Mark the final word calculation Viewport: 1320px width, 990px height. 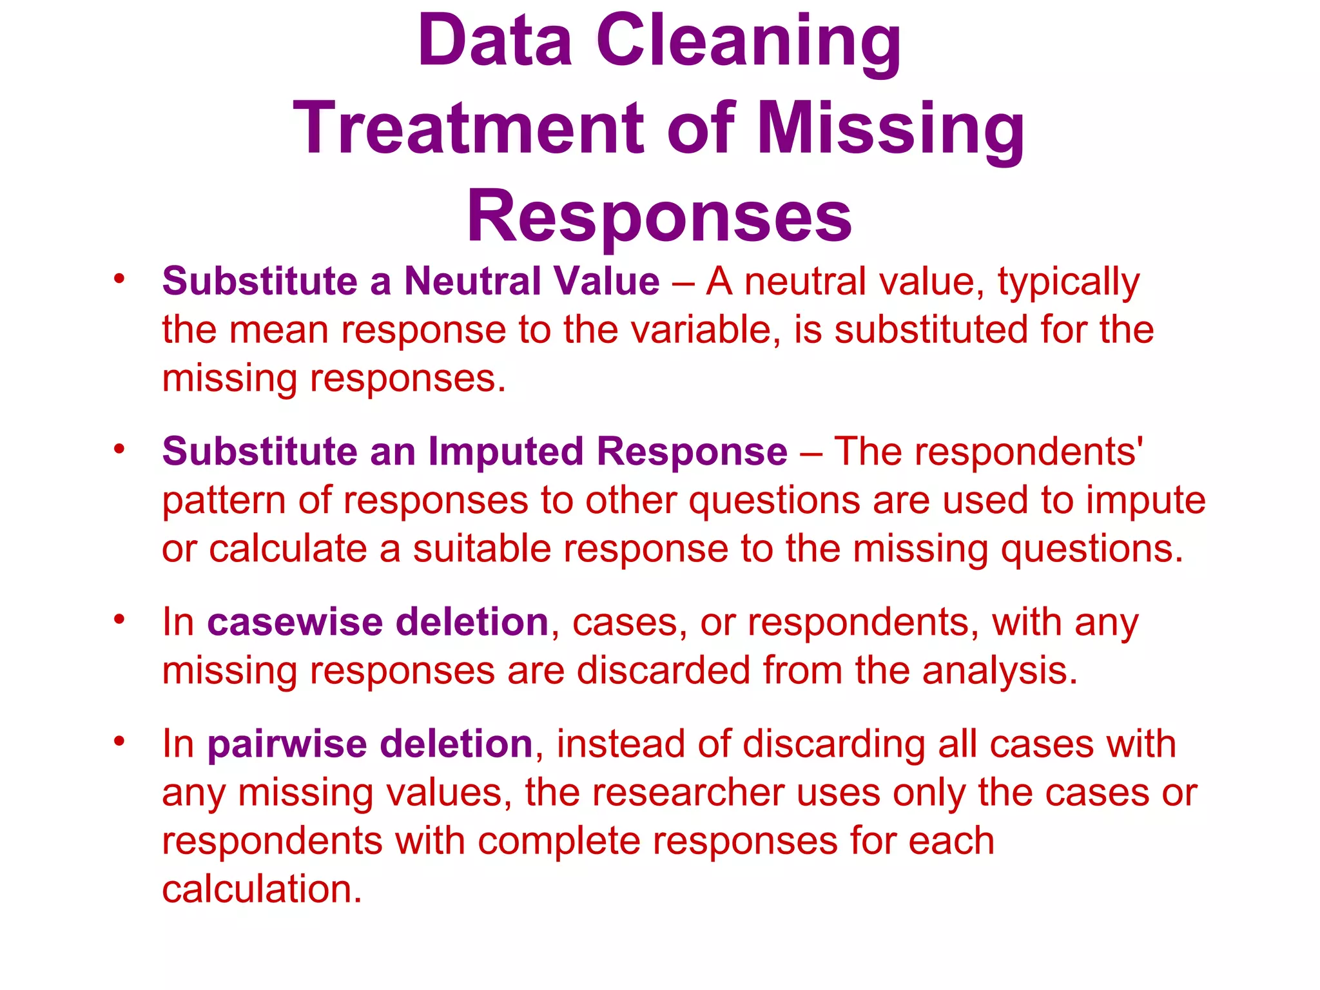pos(262,889)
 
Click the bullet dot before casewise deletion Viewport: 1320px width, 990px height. pos(119,619)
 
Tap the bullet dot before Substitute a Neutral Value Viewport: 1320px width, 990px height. pos(119,279)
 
